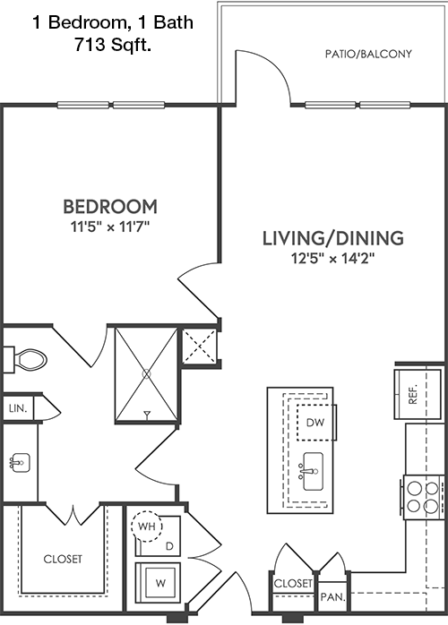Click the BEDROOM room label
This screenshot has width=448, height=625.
110,207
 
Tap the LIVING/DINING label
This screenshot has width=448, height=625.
333,238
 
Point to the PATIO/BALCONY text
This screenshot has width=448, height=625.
368,55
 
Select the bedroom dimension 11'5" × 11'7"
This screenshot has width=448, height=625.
110,227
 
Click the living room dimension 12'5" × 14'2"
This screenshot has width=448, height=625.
333,259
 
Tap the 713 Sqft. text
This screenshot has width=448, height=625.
113,45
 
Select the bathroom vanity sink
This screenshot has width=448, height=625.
20,462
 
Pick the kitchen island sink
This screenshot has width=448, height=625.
314,471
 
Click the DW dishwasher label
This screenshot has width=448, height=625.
315,423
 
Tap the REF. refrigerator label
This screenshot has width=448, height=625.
413,394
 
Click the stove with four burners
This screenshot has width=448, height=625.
424,497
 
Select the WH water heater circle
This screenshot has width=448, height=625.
146,527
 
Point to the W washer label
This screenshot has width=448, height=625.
160,583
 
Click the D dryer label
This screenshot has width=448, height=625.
170,547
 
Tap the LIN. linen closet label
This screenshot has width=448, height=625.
18,408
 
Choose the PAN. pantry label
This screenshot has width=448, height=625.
333,597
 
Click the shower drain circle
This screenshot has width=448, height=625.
147,374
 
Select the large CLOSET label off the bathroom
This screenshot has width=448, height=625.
63,560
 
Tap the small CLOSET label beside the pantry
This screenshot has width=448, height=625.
293,584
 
